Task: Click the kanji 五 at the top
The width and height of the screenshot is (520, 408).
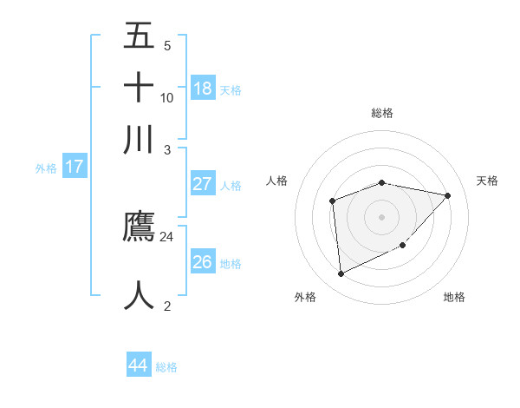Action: click(x=139, y=36)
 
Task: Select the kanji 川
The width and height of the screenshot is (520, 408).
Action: click(x=139, y=139)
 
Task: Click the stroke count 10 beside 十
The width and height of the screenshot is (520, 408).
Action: click(x=167, y=97)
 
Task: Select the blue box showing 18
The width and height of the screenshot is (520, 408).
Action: click(x=202, y=88)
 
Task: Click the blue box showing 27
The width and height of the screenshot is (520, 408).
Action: click(x=202, y=184)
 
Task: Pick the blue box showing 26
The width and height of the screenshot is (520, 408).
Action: click(x=202, y=262)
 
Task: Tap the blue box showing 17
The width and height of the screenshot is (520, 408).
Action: click(x=74, y=168)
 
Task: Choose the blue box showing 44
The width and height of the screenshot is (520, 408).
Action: click(x=138, y=365)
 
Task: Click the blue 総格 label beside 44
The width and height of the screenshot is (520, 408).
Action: click(x=166, y=367)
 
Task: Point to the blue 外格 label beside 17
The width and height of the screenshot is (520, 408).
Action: click(x=46, y=168)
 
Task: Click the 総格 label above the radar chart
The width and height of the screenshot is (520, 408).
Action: click(x=382, y=113)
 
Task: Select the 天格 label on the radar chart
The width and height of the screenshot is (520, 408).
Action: click(x=487, y=181)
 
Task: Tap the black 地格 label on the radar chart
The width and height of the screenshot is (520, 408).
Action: click(x=454, y=297)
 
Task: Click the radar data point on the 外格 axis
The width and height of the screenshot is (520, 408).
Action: click(x=341, y=274)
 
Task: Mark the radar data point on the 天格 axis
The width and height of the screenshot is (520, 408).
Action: click(x=447, y=195)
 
